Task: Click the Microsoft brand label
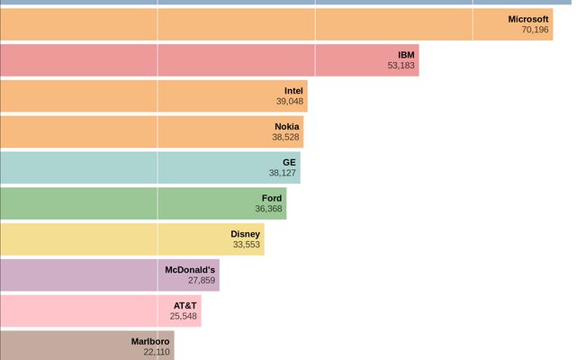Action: [528, 19]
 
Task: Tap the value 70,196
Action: [535, 30]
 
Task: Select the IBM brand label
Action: [406, 55]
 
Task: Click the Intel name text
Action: [293, 91]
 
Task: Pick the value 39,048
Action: [290, 102]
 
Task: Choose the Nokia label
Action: [286, 127]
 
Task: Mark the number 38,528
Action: [286, 138]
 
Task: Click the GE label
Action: [289, 163]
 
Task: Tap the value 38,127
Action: [282, 174]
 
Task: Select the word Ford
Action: [272, 198]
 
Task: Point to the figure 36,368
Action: [268, 209]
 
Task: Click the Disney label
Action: [245, 234]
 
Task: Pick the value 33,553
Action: [246, 245]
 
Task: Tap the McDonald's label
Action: [190, 270]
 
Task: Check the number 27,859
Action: [202, 281]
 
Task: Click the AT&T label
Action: [184, 306]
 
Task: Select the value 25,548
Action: [183, 317]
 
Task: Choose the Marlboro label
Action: [150, 342]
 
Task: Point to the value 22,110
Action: [156, 353]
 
